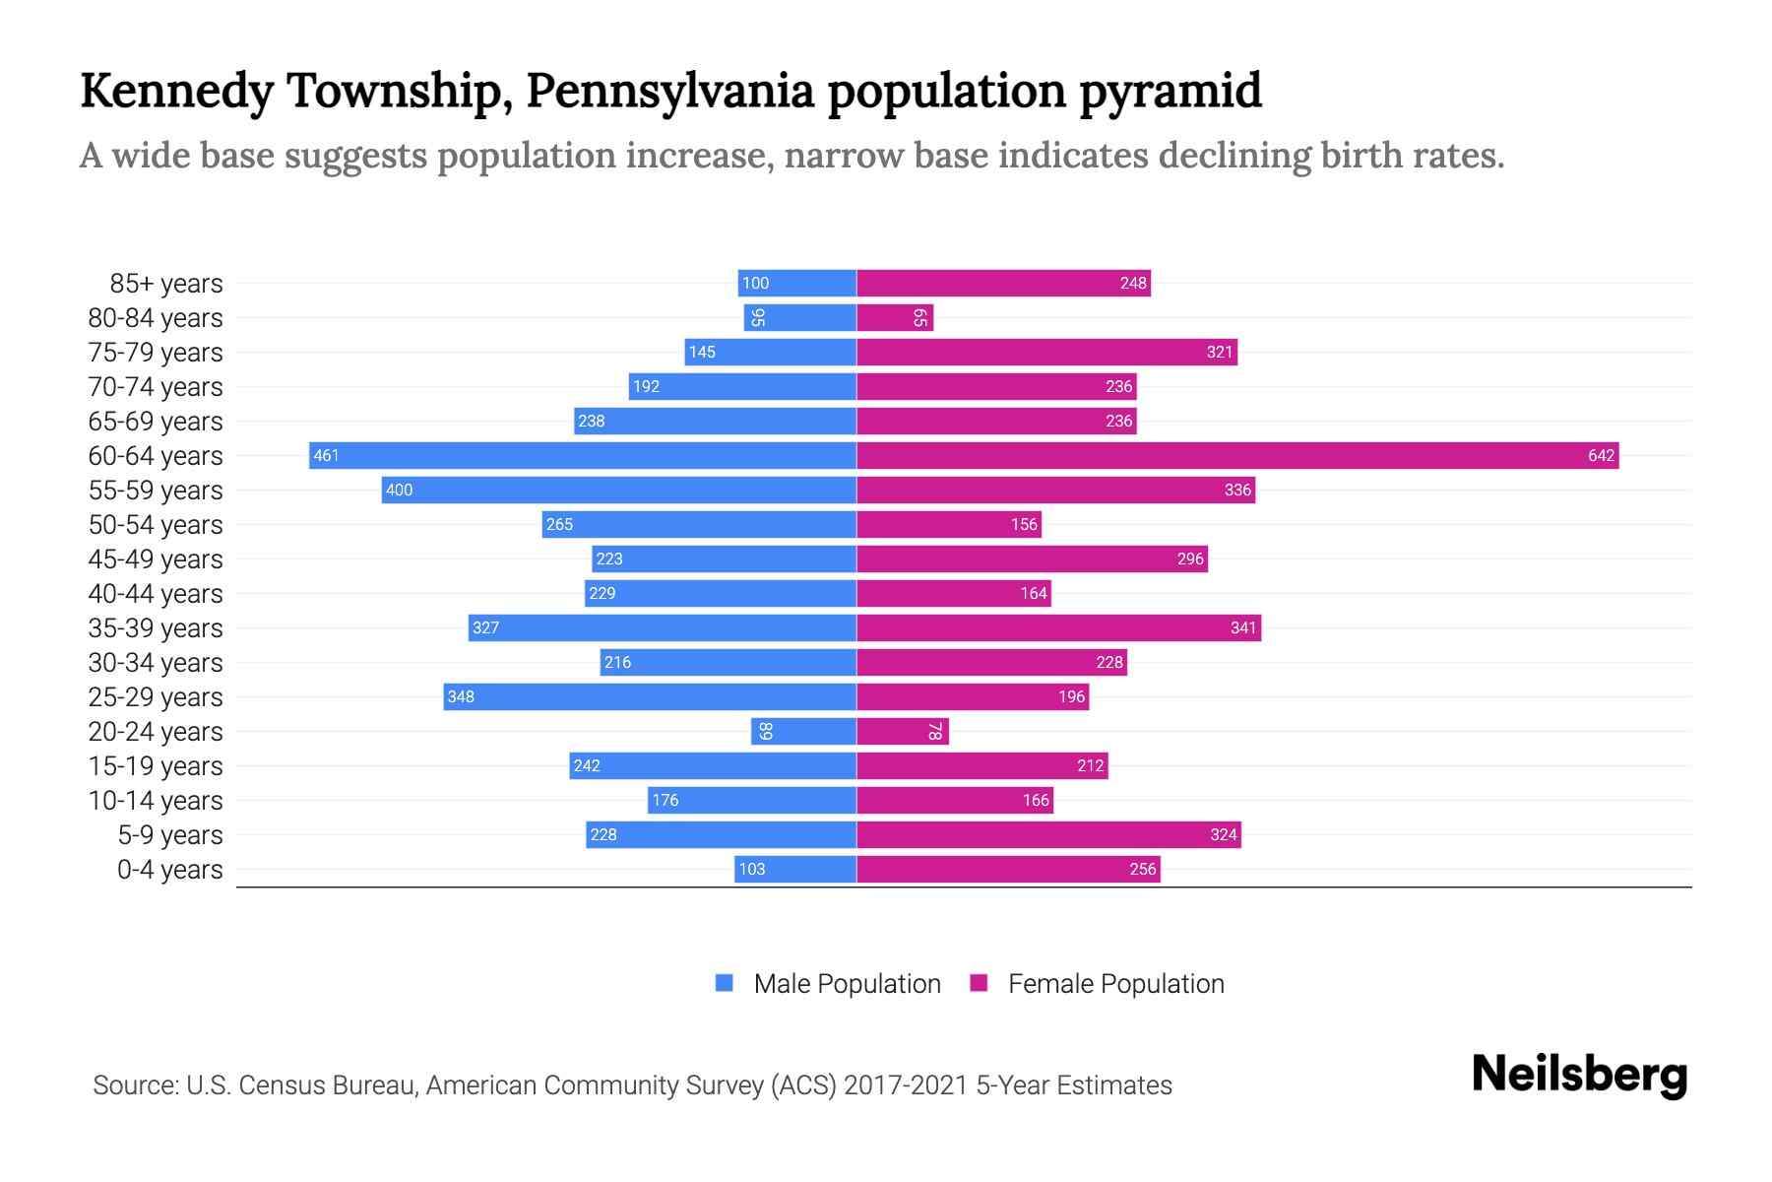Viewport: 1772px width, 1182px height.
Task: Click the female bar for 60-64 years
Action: (1237, 455)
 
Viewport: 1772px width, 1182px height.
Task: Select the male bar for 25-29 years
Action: (650, 696)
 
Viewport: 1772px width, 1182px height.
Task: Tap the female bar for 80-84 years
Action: (894, 317)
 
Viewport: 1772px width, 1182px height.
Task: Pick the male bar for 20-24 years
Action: (803, 731)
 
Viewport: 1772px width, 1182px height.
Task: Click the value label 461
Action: (326, 455)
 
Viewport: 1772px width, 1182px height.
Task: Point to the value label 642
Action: (1601, 455)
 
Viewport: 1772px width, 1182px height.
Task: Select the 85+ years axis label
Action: (165, 284)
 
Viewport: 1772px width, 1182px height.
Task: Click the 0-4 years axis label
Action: (169, 870)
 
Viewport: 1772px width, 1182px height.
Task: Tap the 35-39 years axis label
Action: (156, 628)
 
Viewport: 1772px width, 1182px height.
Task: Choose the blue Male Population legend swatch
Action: (725, 983)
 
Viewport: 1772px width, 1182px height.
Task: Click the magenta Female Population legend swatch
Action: (979, 983)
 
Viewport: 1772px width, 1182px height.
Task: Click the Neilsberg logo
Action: (1579, 1075)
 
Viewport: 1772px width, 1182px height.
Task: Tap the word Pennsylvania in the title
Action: (669, 92)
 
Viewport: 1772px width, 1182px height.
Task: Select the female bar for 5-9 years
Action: (1048, 834)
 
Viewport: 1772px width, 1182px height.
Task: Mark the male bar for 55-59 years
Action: (619, 490)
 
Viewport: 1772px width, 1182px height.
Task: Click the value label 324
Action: (1223, 834)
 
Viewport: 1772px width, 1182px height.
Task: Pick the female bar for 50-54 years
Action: (949, 524)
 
